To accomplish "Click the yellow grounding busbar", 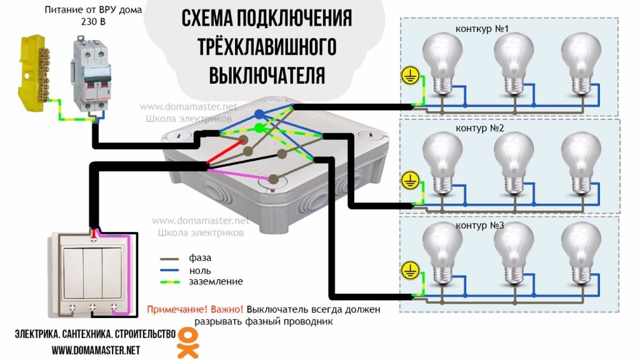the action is pyautogui.click(x=34, y=74).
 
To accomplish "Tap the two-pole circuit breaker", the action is pyautogui.click(x=91, y=73).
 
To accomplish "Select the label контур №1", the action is pyautogui.click(x=482, y=29).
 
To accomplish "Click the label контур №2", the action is pyautogui.click(x=479, y=128).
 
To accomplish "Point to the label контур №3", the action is pyautogui.click(x=479, y=225).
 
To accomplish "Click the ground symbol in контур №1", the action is pyautogui.click(x=410, y=76).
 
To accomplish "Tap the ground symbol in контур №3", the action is pyautogui.click(x=410, y=270).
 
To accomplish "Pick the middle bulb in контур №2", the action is pyautogui.click(x=514, y=163).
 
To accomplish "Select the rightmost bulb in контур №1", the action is pyautogui.click(x=581, y=64).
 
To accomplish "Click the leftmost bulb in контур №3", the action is pyautogui.click(x=442, y=254).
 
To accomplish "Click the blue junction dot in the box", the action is pyautogui.click(x=259, y=114).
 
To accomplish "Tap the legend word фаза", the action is pyautogui.click(x=200, y=258).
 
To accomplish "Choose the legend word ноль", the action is pyautogui.click(x=200, y=271).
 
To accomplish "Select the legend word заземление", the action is pyautogui.click(x=216, y=282).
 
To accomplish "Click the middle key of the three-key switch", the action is pyautogui.click(x=92, y=272).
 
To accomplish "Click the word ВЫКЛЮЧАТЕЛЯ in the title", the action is pyautogui.click(x=267, y=76).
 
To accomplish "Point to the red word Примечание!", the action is pyautogui.click(x=174, y=309).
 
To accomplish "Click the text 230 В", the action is pyautogui.click(x=93, y=22).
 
